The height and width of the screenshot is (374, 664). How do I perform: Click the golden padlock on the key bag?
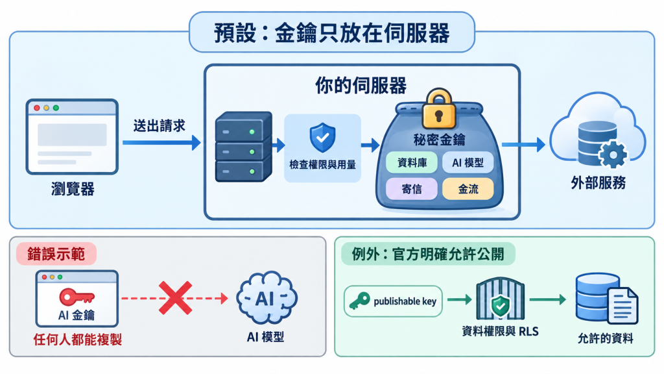tap(439, 108)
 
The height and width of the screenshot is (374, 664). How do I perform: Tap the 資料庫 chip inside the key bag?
tap(412, 163)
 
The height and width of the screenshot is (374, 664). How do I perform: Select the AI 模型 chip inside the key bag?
tap(468, 163)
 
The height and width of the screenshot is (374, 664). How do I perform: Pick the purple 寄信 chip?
tap(412, 189)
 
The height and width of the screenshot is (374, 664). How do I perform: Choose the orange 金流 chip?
tap(468, 189)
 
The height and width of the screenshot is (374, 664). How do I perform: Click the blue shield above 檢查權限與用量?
tap(323, 138)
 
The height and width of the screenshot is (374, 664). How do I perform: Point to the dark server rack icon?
tap(244, 147)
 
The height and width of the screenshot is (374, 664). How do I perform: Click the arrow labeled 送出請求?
tap(161, 143)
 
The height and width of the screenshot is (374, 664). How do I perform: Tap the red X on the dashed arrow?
tap(175, 298)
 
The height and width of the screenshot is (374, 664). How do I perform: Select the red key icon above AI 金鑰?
tap(77, 296)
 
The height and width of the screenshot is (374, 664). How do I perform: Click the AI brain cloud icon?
tap(267, 298)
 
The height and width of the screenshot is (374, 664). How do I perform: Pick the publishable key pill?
tap(393, 301)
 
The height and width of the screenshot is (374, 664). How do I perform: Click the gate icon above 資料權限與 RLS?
tap(501, 299)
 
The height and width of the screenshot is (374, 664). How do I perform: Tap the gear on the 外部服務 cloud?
tap(613, 155)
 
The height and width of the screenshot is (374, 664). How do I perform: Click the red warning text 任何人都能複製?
tap(78, 339)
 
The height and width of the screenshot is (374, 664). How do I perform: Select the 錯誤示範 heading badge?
tap(56, 254)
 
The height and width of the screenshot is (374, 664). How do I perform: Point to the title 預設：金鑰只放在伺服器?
tap(331, 32)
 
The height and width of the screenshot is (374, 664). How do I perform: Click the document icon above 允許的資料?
tap(622, 306)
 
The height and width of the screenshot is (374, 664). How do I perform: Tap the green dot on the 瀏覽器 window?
tap(56, 108)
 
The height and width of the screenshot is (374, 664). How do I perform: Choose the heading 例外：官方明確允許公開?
tap(428, 254)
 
